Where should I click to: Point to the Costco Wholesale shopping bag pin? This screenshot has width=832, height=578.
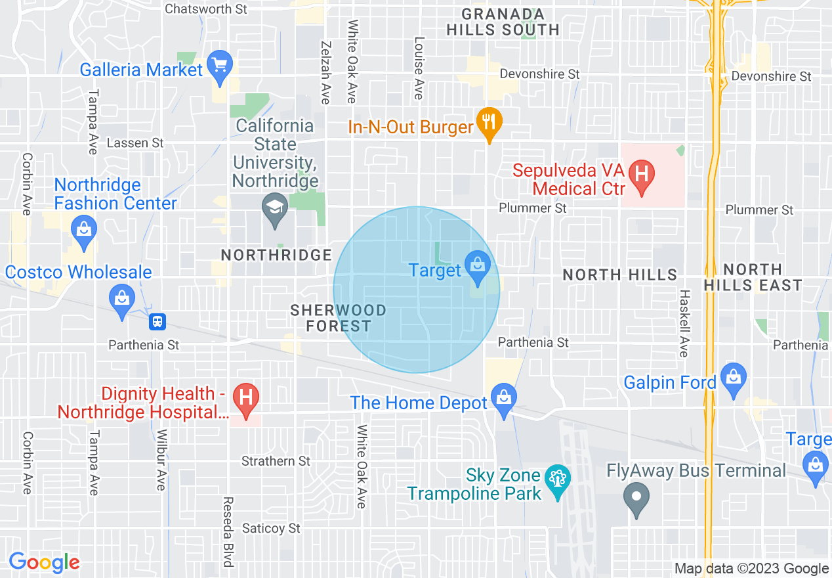coord(121,300)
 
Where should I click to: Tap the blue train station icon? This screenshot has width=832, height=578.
coord(157,322)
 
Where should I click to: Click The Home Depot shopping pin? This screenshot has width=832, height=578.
coord(503,400)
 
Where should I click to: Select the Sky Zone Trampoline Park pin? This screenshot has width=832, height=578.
coord(557,481)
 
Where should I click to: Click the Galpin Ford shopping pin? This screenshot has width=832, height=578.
coord(733,379)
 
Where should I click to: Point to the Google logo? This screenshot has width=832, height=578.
coord(44,562)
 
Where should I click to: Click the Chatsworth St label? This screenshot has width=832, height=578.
coord(206,9)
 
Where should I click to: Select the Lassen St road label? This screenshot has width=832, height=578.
coord(135,143)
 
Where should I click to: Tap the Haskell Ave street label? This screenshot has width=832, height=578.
coord(684,323)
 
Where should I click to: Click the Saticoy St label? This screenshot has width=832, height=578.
coord(271,528)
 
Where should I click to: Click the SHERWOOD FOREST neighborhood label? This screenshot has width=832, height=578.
coord(339,318)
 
